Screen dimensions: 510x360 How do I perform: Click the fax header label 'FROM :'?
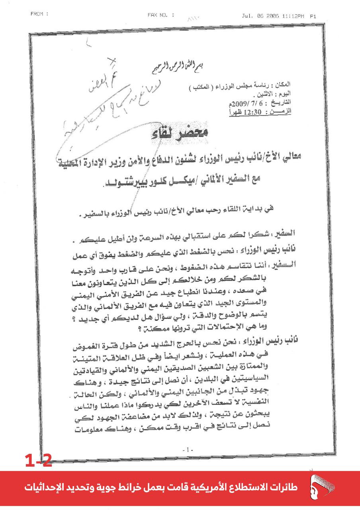tap(39, 14)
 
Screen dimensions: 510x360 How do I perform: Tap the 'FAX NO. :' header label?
tap(161, 15)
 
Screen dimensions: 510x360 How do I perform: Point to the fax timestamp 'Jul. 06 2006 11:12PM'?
tap(272, 16)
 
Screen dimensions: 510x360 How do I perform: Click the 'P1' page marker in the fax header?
tap(313, 17)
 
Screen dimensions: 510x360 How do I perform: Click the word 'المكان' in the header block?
tap(283, 84)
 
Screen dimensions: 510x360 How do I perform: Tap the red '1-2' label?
tap(38, 461)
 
